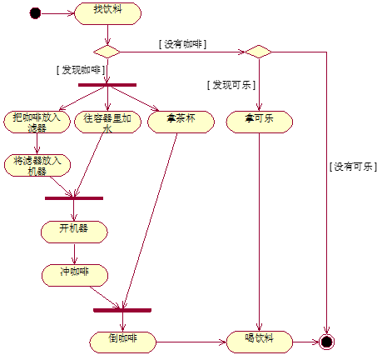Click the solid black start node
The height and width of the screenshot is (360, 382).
(x=34, y=12)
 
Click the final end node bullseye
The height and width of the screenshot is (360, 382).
(x=326, y=342)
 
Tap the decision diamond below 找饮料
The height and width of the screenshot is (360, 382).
(x=107, y=52)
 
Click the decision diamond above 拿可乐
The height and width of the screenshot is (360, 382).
(x=259, y=52)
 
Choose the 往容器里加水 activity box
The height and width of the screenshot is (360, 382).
(x=107, y=122)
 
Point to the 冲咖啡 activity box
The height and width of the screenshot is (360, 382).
(x=74, y=273)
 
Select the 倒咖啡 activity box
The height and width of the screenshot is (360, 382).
(x=123, y=341)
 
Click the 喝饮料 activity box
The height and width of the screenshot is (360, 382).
(x=260, y=341)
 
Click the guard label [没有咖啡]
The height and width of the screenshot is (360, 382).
(x=181, y=43)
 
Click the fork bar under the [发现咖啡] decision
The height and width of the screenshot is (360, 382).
(x=107, y=84)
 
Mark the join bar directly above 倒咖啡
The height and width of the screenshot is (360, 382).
(x=122, y=310)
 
